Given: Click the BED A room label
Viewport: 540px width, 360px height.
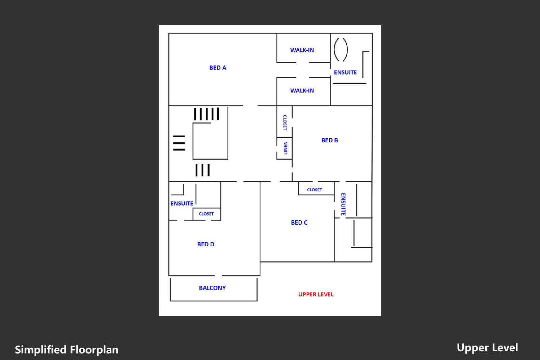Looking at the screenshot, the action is (218, 68).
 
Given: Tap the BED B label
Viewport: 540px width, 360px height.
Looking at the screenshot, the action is (329, 140).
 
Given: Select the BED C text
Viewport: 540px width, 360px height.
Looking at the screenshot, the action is (299, 222).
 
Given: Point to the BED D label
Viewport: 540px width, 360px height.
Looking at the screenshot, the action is (206, 244).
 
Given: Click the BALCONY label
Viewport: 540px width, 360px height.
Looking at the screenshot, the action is (212, 288).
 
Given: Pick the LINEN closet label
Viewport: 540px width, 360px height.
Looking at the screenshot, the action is (286, 148).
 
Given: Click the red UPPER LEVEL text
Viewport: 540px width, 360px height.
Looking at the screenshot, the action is (316, 294).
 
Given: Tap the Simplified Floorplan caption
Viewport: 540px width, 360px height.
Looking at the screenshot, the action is (66, 350).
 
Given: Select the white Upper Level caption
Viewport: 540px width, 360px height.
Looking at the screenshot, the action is (487, 348).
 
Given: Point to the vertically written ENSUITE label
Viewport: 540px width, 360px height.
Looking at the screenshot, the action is (343, 204).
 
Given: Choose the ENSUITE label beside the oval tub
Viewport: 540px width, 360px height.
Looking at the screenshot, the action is (345, 72).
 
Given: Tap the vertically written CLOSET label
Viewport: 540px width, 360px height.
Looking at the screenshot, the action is (285, 122).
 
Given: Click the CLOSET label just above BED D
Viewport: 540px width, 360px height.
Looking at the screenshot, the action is (206, 214).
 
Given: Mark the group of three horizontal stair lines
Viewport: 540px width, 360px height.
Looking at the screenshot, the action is (179, 143).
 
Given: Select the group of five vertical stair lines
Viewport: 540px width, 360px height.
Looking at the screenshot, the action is (207, 114).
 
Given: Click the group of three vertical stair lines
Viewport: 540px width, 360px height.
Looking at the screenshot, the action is (202, 170).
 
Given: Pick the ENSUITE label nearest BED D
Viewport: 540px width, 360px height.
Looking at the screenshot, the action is (182, 203).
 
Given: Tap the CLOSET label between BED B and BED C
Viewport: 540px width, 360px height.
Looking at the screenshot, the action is (314, 190).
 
